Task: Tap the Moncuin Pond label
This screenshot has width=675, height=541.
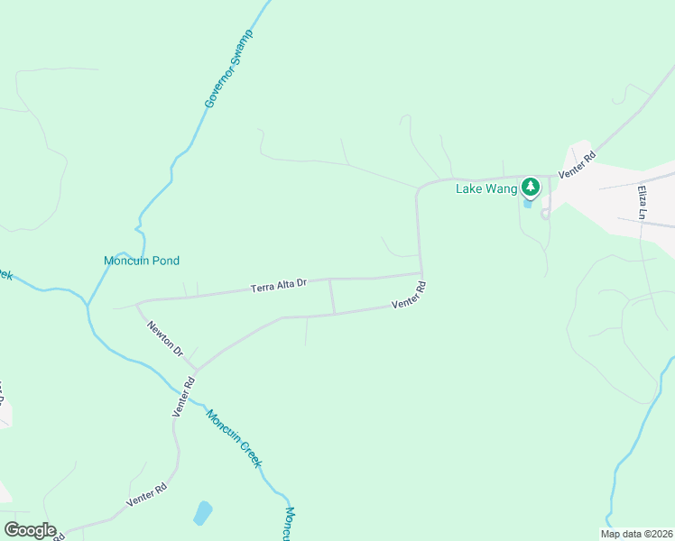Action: pyautogui.click(x=142, y=261)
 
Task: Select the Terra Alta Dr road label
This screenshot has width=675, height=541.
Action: pyautogui.click(x=279, y=285)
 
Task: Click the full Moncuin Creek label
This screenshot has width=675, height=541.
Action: pyautogui.click(x=234, y=438)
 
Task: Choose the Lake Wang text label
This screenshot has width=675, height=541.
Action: pyautogui.click(x=486, y=188)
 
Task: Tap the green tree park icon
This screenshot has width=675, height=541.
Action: pyautogui.click(x=530, y=187)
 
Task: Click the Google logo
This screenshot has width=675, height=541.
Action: pyautogui.click(x=30, y=530)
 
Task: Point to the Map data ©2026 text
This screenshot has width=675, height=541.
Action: pyautogui.click(x=636, y=534)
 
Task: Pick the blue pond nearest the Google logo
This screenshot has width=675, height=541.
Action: pyautogui.click(x=203, y=513)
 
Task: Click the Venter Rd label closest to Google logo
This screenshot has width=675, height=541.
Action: pyautogui.click(x=146, y=494)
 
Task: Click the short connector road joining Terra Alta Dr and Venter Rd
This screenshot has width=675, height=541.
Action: pyautogui.click(x=332, y=297)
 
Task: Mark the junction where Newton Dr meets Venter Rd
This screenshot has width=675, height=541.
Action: pyautogui.click(x=195, y=370)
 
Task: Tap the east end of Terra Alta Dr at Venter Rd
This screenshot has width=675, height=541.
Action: pyautogui.click(x=421, y=273)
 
